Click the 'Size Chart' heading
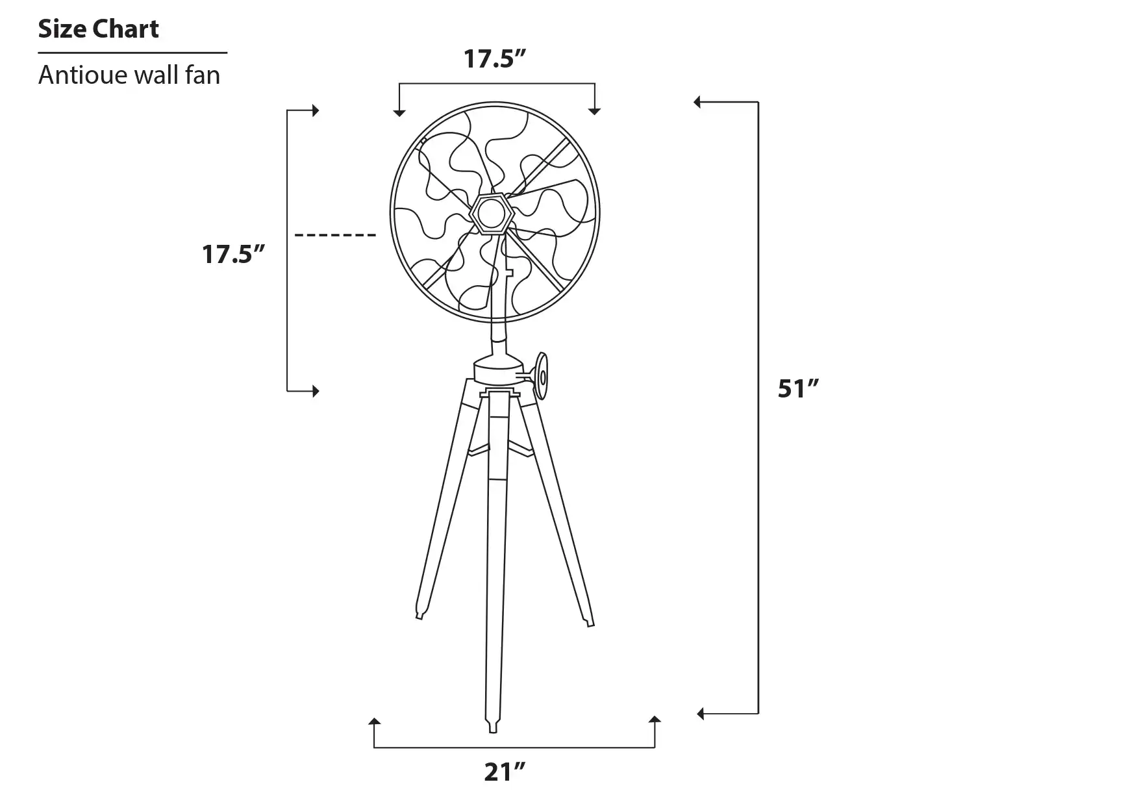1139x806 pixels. pos(98,29)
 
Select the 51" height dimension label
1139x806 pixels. pos(799,388)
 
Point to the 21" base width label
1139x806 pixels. pos(505,772)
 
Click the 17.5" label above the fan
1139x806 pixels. pos(494,58)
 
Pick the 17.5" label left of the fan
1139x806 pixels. pos(234,254)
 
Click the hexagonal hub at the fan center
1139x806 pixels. pos(492,212)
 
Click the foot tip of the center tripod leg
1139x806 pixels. pos(493,729)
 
